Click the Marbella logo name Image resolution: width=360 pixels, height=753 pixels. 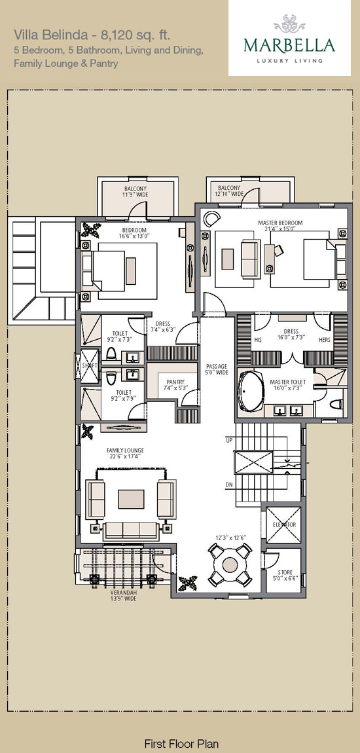289,46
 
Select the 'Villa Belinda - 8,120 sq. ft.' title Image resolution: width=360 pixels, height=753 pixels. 92,35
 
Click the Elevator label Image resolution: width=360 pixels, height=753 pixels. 283,525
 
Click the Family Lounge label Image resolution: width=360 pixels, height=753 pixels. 125,453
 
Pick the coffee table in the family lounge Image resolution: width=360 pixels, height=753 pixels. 131,499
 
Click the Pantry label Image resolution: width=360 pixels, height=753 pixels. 175,384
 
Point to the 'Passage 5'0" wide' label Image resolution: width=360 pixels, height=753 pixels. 217,369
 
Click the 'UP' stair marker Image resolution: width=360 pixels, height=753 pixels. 229,440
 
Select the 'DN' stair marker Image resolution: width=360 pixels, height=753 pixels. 229,485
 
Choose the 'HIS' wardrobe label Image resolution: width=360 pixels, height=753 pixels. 259,340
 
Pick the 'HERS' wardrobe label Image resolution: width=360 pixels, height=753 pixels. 325,340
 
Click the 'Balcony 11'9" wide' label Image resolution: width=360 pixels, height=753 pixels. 136,192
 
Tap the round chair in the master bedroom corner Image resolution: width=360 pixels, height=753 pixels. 211,219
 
